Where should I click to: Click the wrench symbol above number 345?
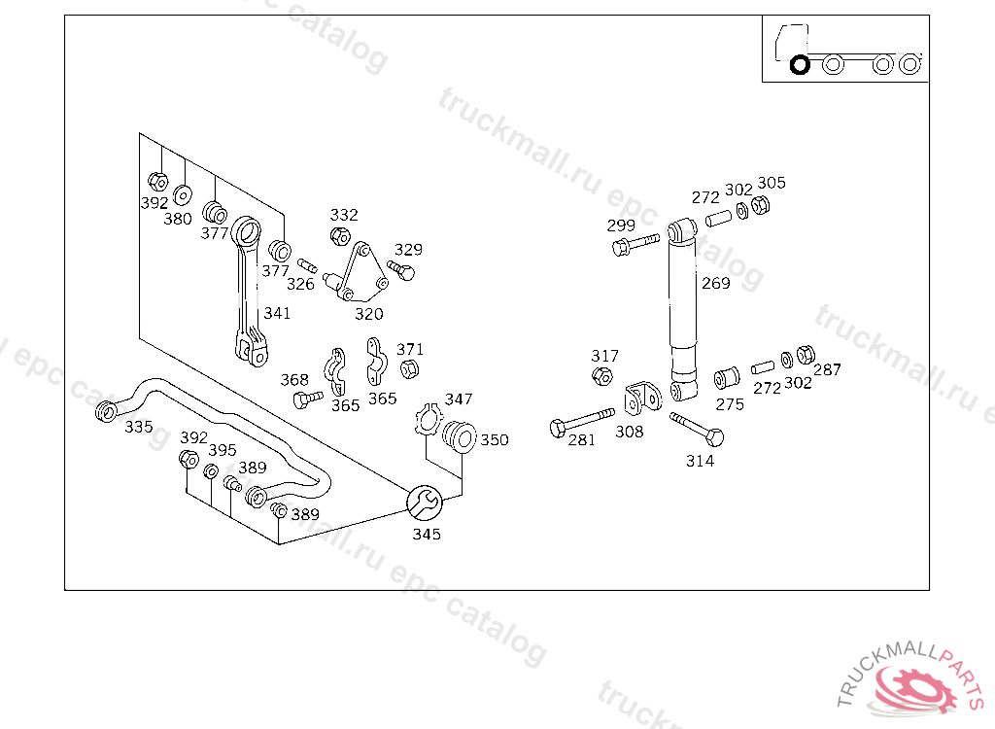425,503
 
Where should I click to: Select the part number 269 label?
716,283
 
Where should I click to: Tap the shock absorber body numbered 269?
683,310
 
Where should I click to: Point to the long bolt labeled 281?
581,422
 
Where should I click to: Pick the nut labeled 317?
602,375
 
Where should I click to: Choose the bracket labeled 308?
642,399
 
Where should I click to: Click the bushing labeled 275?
727,378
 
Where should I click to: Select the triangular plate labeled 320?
361,273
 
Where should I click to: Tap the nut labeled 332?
340,236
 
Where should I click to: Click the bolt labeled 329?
401,270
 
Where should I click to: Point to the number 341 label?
277,313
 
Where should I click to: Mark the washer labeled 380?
183,195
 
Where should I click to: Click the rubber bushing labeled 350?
460,435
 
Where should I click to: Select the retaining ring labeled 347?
429,420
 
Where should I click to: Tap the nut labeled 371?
409,368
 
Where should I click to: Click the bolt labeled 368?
307,399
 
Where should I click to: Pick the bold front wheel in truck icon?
801,65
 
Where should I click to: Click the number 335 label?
138,427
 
